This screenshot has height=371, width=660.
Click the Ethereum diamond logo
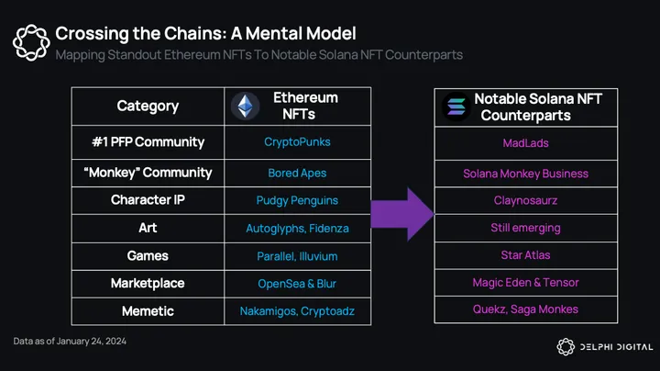pyautogui.click(x=245, y=107)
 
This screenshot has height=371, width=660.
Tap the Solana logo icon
pyautogui.click(x=455, y=107)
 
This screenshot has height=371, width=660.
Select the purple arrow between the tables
pyautogui.click(x=407, y=213)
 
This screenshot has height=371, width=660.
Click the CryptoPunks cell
pyautogui.click(x=296, y=142)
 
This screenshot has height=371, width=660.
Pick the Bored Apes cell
pyautogui.click(x=297, y=173)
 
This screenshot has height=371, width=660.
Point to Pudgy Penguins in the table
pyautogui.click(x=297, y=200)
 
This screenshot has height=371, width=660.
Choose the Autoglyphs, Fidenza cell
pyautogui.click(x=297, y=228)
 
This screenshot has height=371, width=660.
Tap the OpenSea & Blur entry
pyautogui.click(x=297, y=283)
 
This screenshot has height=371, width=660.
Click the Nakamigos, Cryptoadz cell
pyautogui.click(x=297, y=311)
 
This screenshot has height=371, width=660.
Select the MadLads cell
pyautogui.click(x=525, y=143)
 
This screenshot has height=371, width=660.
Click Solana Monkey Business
pyautogui.click(x=525, y=174)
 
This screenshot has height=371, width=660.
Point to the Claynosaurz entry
pyautogui.click(x=525, y=200)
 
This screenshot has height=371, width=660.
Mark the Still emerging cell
pyautogui.click(x=525, y=228)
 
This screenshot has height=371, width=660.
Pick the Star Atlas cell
pyautogui.click(x=525, y=254)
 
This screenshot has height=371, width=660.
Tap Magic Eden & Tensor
pyautogui.click(x=525, y=282)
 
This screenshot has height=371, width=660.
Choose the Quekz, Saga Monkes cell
pyautogui.click(x=525, y=309)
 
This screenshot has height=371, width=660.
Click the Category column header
pyautogui.click(x=148, y=106)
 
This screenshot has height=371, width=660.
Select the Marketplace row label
pyautogui.click(x=148, y=283)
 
